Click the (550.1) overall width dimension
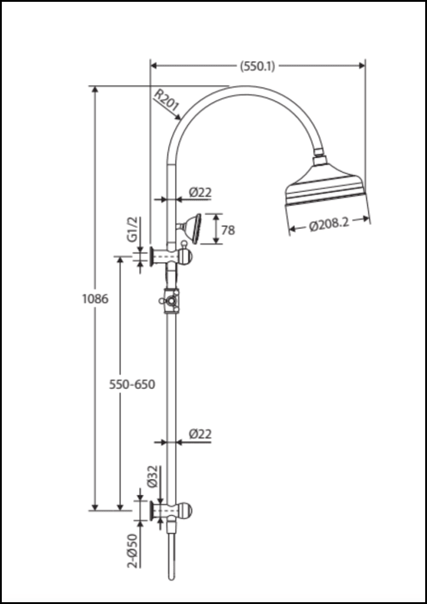[x=257, y=66]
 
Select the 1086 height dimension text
[x=95, y=298]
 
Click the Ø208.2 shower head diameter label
[x=329, y=225]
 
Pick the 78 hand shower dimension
[x=228, y=230]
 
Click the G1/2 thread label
[x=133, y=230]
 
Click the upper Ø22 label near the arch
[x=200, y=193]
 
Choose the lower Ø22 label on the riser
[x=200, y=434]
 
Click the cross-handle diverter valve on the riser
[x=170, y=300]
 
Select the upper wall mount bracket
[x=172, y=257]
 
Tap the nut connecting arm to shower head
[x=319, y=160]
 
